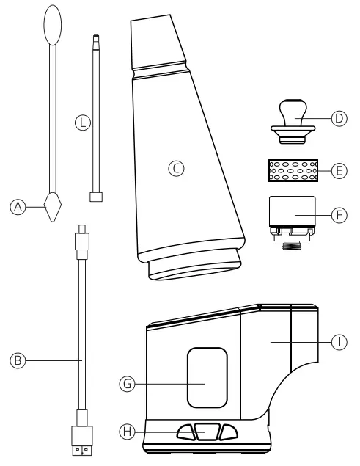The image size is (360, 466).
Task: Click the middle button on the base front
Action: [206, 432]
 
